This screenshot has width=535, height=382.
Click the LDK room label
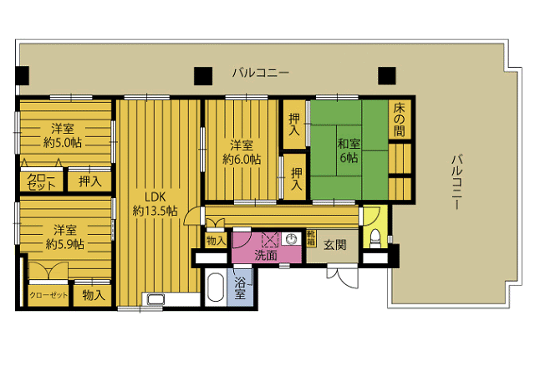coord(155,204)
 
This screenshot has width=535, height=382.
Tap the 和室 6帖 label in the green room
coord(349,150)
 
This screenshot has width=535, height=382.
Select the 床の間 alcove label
coord(400,120)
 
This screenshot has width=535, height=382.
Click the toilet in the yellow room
coord(375,239)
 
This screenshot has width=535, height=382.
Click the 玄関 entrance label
coord(334,245)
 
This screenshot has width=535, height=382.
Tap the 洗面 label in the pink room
coord(266,255)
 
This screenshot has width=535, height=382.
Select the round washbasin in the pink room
coord(291,239)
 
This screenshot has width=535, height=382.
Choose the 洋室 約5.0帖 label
coord(63,135)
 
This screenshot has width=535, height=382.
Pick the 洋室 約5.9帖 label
coord(65,237)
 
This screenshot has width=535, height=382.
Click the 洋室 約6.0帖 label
coord(242,152)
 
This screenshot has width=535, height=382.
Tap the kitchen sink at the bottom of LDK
coord(155,299)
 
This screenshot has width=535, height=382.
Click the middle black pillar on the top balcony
coord(203,76)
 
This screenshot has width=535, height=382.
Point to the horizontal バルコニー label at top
coord(261,73)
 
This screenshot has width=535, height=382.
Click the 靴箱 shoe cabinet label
coord(311,238)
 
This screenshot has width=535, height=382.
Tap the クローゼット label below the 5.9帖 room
coord(48,295)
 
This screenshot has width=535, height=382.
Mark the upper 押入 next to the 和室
coord(294,125)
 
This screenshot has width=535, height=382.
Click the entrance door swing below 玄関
coord(342,277)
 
